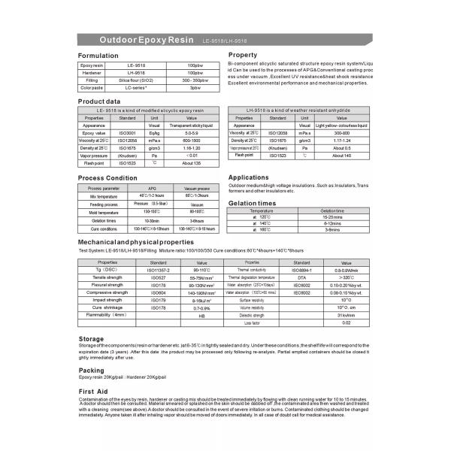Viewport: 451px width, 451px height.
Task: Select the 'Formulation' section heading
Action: pos(99,56)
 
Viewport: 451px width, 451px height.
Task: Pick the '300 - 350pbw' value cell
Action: pos(195,80)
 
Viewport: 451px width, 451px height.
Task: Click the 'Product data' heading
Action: pos(99,101)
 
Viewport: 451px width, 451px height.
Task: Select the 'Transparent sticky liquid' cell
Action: pos(192,126)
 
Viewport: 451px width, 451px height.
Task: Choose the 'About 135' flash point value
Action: pos(192,163)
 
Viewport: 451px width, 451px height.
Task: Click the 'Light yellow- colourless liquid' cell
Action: pos(341,126)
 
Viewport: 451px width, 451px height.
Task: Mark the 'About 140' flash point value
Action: pos(341,155)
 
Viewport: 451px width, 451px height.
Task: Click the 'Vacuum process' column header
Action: pos(197,188)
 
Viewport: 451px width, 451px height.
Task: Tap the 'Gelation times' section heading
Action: pos(252,203)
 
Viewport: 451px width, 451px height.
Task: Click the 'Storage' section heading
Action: pos(92,339)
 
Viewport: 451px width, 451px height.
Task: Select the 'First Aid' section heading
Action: pos(94,391)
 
